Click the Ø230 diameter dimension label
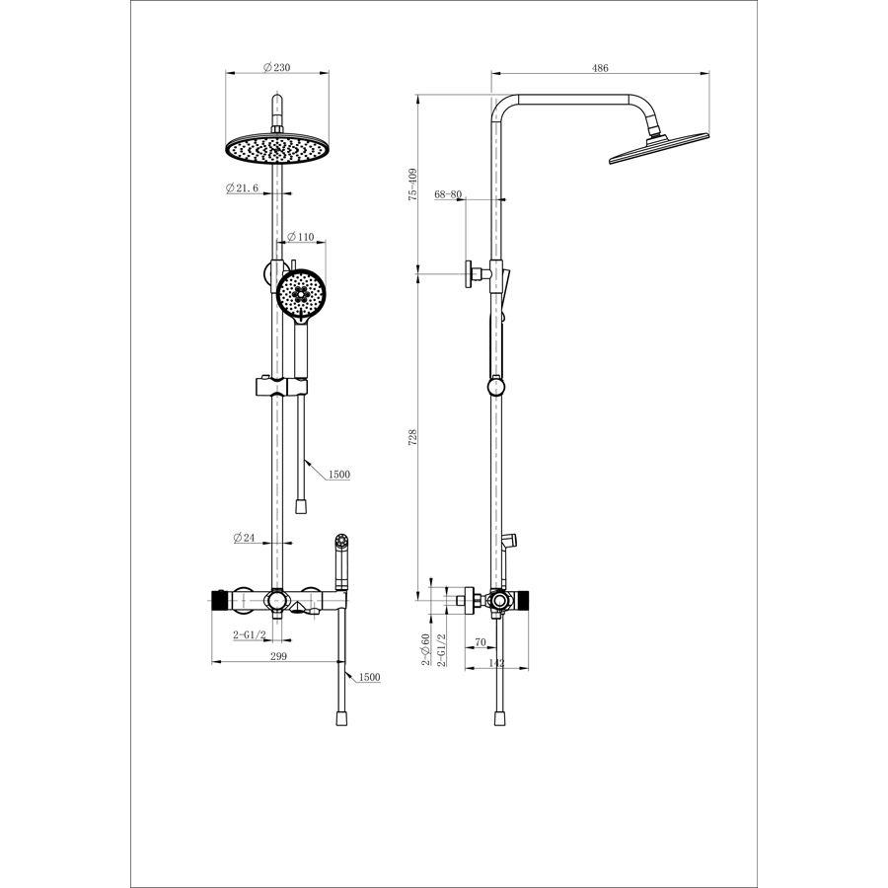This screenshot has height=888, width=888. tap(277, 67)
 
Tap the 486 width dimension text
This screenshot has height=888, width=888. tap(600, 68)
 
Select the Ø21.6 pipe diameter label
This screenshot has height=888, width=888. tap(243, 188)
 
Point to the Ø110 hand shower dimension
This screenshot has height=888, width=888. tap(301, 237)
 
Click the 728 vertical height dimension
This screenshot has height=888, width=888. tap(412, 437)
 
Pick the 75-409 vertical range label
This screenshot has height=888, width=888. tap(412, 184)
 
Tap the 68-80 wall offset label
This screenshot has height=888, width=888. tap(448, 194)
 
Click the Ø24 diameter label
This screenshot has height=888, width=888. tap(245, 538)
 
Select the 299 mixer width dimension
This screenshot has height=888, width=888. tap(278, 656)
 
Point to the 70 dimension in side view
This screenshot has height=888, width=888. tap(481, 642)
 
